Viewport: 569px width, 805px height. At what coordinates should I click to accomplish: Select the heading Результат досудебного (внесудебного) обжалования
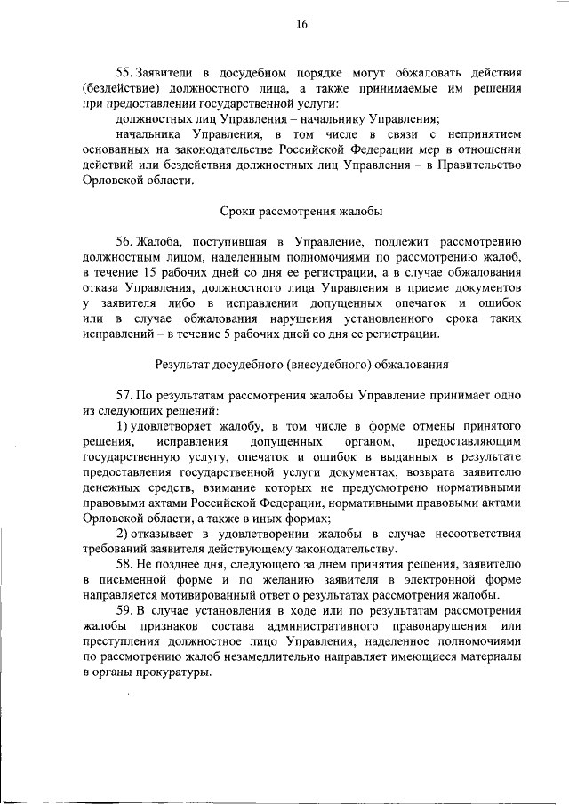[301, 365]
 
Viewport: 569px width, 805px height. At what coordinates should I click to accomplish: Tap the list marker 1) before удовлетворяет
[125, 427]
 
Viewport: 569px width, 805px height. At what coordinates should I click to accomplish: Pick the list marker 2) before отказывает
[125, 534]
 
